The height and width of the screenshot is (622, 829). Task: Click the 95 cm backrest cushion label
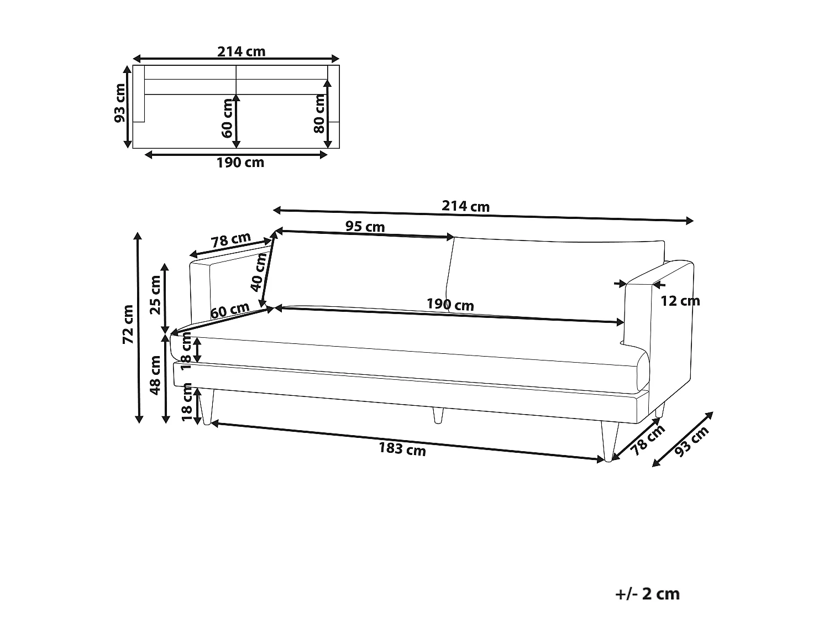click(x=365, y=227)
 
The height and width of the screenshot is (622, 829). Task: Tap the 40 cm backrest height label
click(x=258, y=272)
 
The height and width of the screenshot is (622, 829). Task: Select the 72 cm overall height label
click(x=128, y=324)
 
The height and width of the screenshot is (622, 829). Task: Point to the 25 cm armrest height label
click(x=155, y=295)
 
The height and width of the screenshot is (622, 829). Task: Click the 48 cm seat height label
click(x=155, y=375)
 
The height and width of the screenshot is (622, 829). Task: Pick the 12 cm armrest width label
click(x=680, y=301)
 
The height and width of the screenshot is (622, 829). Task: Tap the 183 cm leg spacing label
click(x=402, y=449)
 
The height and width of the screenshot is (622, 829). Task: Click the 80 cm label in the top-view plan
click(x=319, y=114)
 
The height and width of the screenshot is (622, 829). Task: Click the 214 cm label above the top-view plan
click(x=242, y=51)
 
